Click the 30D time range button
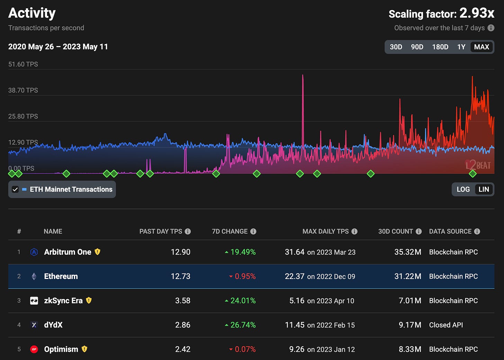396,47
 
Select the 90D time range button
417,47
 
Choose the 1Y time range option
461,47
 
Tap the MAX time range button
481,47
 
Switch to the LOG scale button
463,189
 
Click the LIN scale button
484,189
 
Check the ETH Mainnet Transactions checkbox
15,189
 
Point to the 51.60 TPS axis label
23,64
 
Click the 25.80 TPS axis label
23,116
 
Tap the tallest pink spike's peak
303,75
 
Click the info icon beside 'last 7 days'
491,28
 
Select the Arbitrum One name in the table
67,252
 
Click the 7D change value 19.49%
243,252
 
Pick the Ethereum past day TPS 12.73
180,276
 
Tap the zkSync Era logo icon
34,300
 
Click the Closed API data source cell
446,325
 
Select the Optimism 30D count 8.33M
410,349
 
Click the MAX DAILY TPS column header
325,232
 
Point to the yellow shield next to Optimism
84,349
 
